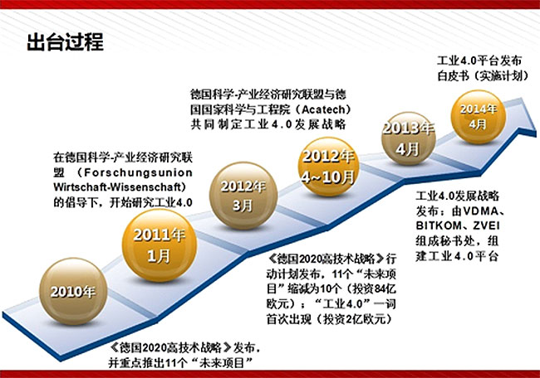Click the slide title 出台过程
click(x=65, y=42)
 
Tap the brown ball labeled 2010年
click(x=73, y=292)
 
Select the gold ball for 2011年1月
click(x=159, y=245)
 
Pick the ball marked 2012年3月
click(x=243, y=196)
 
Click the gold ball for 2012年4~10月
click(x=328, y=167)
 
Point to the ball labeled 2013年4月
click(x=409, y=138)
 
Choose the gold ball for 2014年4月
click(x=479, y=117)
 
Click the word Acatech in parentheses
click(x=323, y=109)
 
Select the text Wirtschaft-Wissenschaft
click(x=117, y=187)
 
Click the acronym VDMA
click(x=479, y=211)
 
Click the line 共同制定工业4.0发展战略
click(x=268, y=124)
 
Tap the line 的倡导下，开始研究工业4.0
click(x=123, y=202)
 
